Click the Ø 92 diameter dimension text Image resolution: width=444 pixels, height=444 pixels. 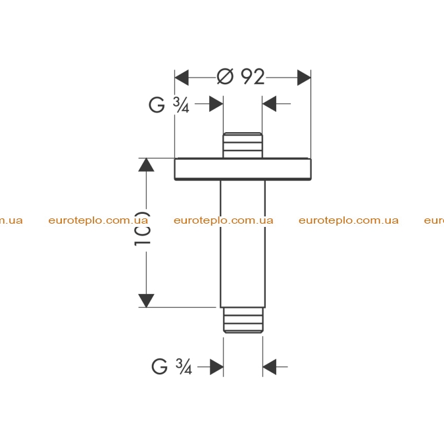[x=241, y=77]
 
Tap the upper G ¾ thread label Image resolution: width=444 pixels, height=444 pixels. [x=169, y=105]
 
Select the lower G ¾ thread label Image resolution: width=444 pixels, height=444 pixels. [x=172, y=366]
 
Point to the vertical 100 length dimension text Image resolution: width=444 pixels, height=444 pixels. [x=142, y=228]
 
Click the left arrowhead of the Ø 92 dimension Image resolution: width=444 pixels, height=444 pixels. [x=182, y=78]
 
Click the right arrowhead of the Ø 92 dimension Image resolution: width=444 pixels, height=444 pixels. [x=304, y=78]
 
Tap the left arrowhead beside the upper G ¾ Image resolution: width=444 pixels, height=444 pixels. [x=216, y=104]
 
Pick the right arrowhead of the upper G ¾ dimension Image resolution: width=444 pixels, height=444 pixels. [x=269, y=104]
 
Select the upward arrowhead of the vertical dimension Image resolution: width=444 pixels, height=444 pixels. [x=146, y=165]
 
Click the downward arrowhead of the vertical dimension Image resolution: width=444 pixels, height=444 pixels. [x=146, y=301]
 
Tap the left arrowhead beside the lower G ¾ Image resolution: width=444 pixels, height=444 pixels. [x=216, y=367]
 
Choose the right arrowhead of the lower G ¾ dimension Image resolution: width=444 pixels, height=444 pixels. [x=269, y=367]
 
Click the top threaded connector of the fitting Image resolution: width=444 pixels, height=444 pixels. [x=243, y=145]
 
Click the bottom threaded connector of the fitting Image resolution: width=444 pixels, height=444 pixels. [x=243, y=320]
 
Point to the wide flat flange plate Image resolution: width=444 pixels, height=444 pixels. [x=243, y=169]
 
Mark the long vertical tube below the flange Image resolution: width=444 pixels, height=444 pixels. [x=243, y=244]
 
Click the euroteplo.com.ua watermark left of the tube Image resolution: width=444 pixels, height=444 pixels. [x=98, y=220]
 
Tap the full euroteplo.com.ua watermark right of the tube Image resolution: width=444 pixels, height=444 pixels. [x=349, y=220]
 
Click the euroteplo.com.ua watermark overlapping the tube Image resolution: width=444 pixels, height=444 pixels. [x=224, y=220]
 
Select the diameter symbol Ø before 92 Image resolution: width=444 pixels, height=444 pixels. [x=225, y=77]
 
